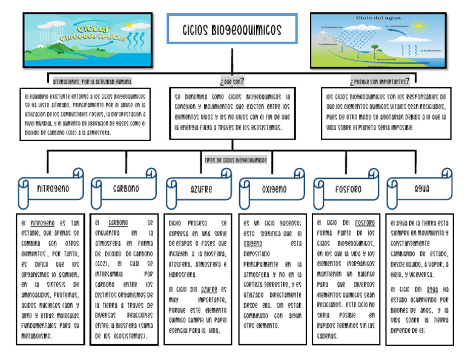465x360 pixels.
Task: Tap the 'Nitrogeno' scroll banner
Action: click(x=52, y=189)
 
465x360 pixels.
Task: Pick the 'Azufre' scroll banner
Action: click(x=200, y=189)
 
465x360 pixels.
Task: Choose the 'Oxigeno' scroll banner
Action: click(x=274, y=189)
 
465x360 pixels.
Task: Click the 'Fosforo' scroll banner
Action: click(x=348, y=189)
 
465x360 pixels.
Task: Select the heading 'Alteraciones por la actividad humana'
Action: click(x=92, y=81)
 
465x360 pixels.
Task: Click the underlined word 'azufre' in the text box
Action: click(x=210, y=290)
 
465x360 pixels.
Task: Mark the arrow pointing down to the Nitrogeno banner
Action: click(x=48, y=171)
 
